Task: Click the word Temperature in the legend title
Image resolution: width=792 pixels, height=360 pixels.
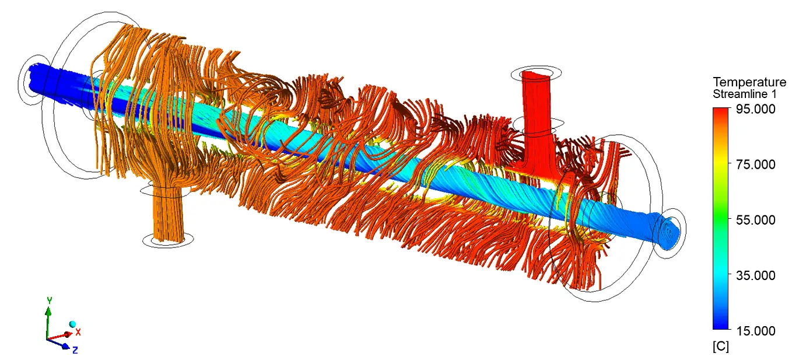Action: tap(749, 82)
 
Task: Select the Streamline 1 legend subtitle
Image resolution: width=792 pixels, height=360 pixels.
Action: tap(745, 94)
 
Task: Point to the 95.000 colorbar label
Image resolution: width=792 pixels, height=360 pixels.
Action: tap(756, 109)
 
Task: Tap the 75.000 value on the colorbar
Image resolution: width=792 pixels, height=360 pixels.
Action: tap(756, 165)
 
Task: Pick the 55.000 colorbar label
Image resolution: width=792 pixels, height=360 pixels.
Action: tap(756, 220)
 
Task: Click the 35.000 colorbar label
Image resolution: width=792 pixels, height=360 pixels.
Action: tap(756, 275)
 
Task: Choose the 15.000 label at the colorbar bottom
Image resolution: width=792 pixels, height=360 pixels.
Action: tap(756, 331)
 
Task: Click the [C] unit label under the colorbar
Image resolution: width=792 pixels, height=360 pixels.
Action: tap(721, 347)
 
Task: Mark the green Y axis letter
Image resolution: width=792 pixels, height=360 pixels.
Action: tap(50, 300)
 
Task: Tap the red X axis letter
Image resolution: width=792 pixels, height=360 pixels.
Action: tap(78, 332)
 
